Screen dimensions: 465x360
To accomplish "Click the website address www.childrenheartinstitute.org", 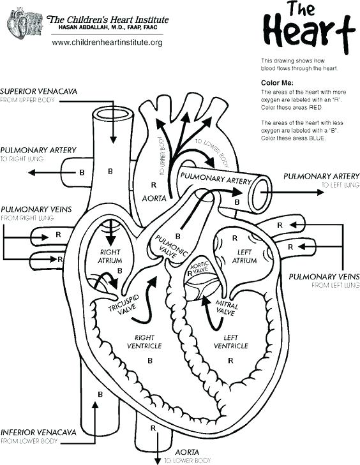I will tap(107, 42).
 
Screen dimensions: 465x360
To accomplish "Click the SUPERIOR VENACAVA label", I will tap(39, 91).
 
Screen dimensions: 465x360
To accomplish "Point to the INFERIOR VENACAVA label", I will tap(39, 432).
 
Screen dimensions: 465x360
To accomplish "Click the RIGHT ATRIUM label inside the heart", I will tap(110, 256).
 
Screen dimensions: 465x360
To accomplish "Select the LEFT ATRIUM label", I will tap(244, 256).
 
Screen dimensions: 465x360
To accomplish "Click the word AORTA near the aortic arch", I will tap(154, 198).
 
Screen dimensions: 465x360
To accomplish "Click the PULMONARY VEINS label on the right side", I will tap(324, 276).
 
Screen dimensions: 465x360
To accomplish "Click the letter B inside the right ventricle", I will tap(150, 360).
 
